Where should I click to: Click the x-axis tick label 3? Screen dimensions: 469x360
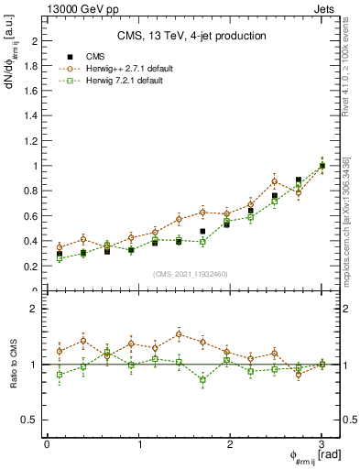click(x=322, y=444)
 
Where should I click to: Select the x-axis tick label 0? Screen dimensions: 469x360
click(x=47, y=444)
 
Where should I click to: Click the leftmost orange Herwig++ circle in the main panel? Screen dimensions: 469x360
click(x=60, y=247)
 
